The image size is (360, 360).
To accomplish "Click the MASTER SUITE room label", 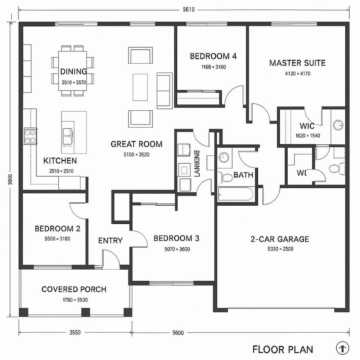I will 297,63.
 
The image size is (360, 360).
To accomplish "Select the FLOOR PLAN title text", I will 282,349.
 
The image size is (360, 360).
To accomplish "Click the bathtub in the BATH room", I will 235,195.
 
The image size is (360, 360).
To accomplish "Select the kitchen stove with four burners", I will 30,136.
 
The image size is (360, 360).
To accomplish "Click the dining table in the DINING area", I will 73,71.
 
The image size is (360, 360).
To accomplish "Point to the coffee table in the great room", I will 140,87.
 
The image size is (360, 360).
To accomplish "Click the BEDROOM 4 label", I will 213,56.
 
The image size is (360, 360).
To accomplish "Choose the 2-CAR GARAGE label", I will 280,239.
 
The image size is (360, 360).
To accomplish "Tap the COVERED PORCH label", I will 74,289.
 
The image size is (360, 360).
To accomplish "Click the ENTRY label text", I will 110,240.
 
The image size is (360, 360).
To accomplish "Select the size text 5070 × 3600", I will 176,249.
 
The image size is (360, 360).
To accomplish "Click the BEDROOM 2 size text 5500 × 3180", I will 58,239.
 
